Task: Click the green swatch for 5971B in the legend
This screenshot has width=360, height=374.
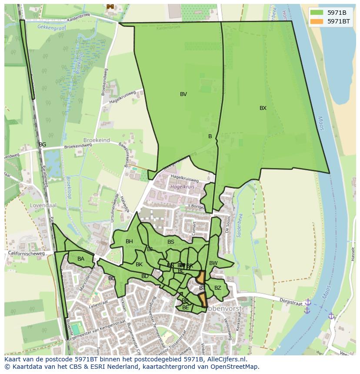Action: (x=317, y=13)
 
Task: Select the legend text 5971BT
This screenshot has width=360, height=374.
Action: (x=339, y=21)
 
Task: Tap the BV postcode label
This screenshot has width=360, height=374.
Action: (x=183, y=94)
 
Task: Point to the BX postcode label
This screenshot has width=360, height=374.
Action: (x=263, y=108)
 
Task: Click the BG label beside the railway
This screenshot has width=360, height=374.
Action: (x=42, y=145)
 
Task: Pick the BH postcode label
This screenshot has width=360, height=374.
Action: (x=129, y=242)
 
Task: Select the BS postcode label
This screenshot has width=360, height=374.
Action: (x=171, y=242)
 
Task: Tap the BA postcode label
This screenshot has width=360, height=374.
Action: (x=81, y=259)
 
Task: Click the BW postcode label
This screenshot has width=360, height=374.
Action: (x=213, y=263)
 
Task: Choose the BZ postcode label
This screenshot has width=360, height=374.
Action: (x=218, y=288)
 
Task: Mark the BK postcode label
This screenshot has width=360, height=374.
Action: (x=139, y=265)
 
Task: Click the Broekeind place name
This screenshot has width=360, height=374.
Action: (x=97, y=141)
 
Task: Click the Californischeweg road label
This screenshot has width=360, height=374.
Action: (x=26, y=253)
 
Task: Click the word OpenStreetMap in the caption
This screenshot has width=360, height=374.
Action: (x=233, y=367)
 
